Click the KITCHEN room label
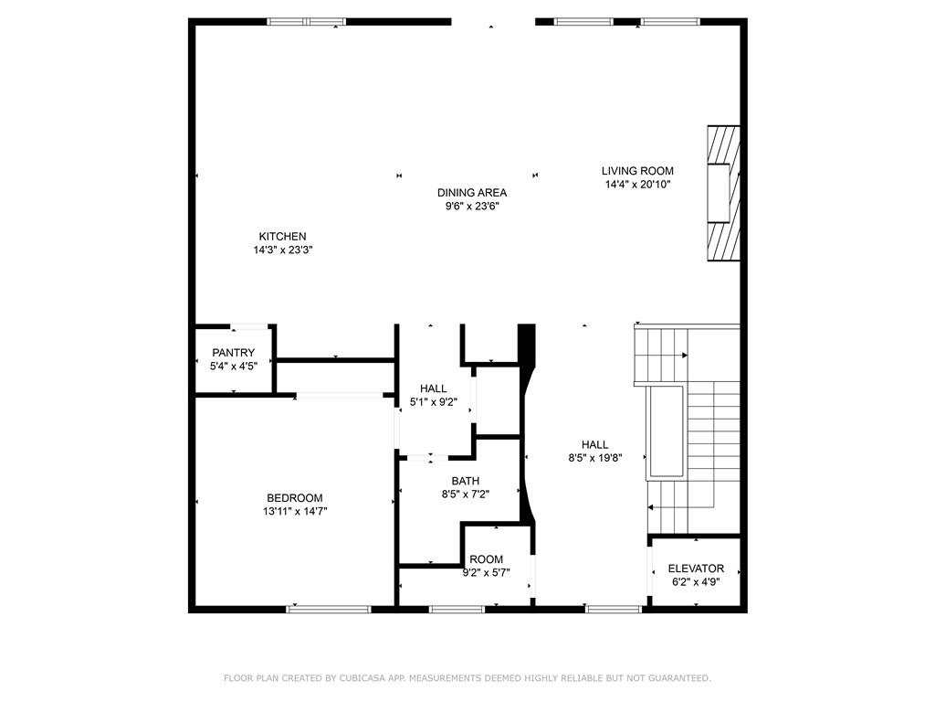pos(282,236)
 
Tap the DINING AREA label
pos(471,193)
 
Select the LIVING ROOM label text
pos(637,171)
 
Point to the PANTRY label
pos(233,353)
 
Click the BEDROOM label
pos(294,498)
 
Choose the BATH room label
pos(465,481)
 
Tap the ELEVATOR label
pos(696,569)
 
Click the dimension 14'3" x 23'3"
pos(284,250)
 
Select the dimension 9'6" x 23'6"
pos(471,207)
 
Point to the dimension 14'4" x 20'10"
pos(637,185)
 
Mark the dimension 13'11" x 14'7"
pos(294,512)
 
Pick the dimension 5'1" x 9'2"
pos(434,402)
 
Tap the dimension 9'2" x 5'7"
pos(486,573)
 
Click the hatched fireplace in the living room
pos(722,195)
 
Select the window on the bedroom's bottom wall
pos(316,608)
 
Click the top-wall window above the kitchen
pos(306,22)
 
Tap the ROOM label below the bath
pos(486,559)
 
